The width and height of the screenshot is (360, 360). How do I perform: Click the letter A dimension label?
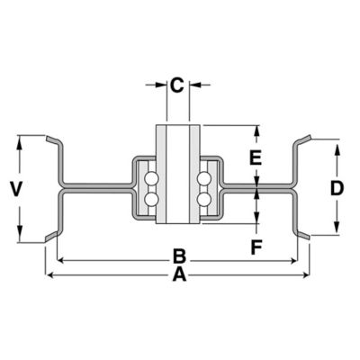coord(179,275)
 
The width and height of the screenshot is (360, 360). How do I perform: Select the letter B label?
coord(179,256)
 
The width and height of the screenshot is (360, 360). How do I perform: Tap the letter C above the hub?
coord(177,85)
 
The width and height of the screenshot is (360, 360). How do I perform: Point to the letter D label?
coord(337,188)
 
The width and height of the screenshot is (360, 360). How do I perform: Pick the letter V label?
coord(15,188)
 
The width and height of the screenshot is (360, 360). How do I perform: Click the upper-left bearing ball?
coord(151,177)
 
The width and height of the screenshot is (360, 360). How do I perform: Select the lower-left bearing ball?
coord(151,198)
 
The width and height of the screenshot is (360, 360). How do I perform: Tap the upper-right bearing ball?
coord(204,177)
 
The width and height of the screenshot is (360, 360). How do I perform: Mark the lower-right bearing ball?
coord(204,198)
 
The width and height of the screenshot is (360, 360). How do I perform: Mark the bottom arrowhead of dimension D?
coord(337,232)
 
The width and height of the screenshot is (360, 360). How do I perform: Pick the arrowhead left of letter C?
coord(161,85)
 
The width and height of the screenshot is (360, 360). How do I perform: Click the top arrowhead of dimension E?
coord(256,130)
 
